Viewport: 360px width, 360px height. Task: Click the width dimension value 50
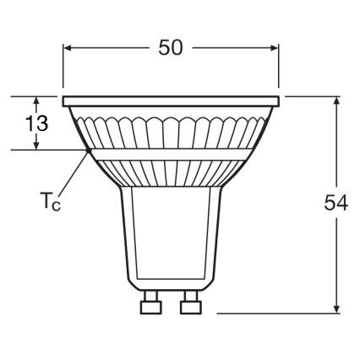click(171, 48)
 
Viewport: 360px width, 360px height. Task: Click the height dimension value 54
click(335, 205)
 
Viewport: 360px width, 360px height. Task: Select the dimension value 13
click(36, 123)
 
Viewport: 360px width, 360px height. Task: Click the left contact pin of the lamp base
click(152, 302)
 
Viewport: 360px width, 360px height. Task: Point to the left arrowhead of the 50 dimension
click(68, 48)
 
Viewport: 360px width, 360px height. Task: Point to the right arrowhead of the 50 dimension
click(275, 48)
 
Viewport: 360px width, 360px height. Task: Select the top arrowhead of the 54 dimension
click(336, 101)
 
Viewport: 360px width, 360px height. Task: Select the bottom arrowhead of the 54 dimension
click(336, 308)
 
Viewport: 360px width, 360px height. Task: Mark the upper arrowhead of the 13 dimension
click(36, 100)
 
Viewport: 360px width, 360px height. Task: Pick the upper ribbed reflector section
click(172, 127)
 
